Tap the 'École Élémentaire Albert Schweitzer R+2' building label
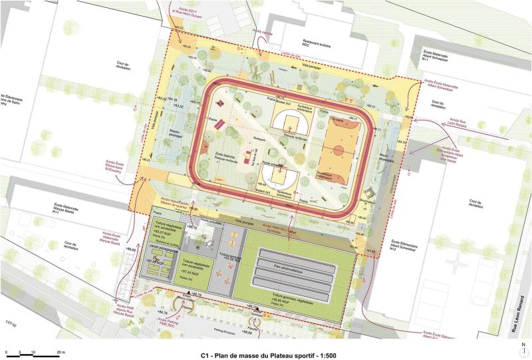pyautogui.click(x=403, y=248)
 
